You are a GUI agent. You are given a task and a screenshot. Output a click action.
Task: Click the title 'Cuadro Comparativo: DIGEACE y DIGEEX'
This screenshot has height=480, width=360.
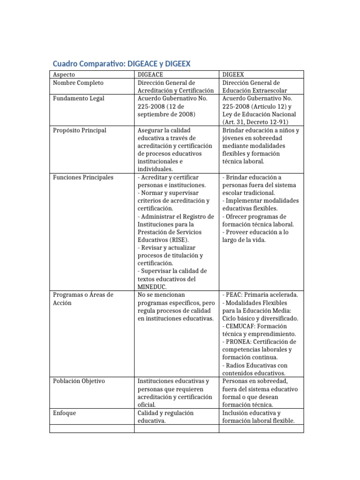coord(121,63)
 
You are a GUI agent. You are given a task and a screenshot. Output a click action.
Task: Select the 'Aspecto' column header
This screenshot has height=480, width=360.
coord(64,75)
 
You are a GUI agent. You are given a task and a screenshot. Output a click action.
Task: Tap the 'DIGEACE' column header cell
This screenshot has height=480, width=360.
coord(150,75)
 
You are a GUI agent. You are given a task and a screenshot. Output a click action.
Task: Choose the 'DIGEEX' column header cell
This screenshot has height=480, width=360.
coord(233,75)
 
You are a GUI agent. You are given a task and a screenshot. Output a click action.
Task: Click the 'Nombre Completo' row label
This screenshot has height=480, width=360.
coord(78,83)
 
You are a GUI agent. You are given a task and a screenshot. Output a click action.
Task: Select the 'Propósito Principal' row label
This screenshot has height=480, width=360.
coord(80,130)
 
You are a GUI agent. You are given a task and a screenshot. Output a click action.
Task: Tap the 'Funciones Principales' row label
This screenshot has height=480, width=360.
coord(83,177)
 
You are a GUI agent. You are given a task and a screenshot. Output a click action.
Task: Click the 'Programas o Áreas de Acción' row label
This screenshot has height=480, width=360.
coord(83,299)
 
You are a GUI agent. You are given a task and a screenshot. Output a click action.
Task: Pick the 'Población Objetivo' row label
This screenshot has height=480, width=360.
coord(79,381)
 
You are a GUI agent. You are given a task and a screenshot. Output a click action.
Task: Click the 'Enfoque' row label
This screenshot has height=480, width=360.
coord(64,413)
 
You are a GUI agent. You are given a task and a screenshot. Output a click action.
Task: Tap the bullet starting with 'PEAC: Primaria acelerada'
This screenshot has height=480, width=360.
coord(260,295)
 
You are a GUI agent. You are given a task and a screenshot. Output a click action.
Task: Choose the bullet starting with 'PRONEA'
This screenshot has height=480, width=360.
coord(259,349)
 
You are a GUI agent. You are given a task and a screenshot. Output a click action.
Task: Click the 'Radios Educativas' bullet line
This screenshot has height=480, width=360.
coord(255,369)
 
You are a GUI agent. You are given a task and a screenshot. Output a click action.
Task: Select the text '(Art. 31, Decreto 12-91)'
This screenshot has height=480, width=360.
coord(255,122)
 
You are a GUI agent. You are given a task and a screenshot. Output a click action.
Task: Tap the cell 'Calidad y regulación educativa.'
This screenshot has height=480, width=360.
coord(165,417)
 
